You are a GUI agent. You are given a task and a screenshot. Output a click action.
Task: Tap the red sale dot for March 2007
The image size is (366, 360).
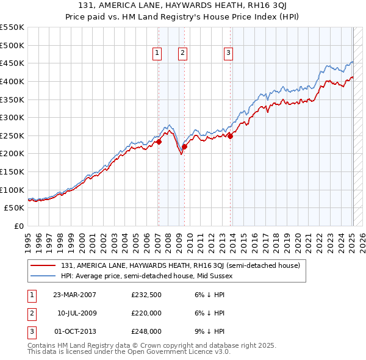(x=159, y=142)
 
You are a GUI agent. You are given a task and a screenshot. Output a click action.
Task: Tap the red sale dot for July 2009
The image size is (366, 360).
(x=184, y=146)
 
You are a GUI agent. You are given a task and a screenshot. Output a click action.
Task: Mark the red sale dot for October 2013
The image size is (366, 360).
(x=231, y=136)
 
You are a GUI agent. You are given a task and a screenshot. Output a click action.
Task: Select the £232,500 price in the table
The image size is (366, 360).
(x=146, y=295)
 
